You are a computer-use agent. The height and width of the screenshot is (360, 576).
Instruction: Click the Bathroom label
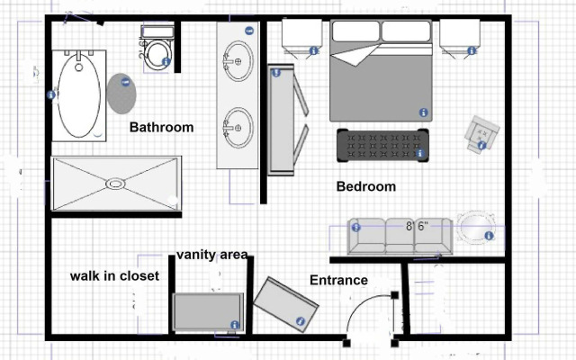click(161, 128)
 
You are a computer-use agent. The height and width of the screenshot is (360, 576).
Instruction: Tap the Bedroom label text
click(365, 187)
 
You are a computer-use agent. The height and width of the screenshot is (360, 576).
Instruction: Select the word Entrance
click(338, 280)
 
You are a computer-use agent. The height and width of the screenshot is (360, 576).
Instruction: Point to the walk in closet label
click(114, 276)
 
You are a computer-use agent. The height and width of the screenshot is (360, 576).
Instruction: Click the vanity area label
click(211, 255)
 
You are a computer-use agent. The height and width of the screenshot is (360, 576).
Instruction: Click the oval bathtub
click(79, 93)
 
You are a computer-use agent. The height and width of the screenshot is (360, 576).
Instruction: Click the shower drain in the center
click(114, 184)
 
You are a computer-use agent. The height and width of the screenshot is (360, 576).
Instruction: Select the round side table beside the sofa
click(473, 226)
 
